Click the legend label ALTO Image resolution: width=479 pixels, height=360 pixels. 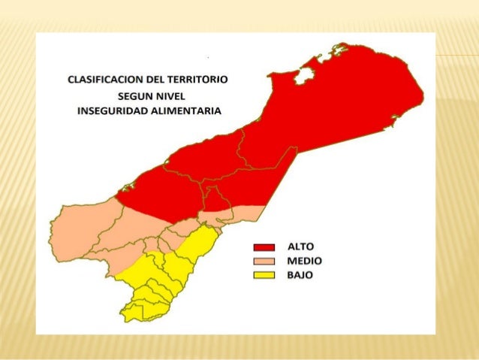[301, 247]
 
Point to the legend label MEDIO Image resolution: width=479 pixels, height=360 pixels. [304, 261]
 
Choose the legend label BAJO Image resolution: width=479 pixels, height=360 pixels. [300, 275]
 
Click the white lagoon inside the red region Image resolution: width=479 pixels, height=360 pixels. [304, 75]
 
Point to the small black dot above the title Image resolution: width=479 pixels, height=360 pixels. [206, 57]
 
